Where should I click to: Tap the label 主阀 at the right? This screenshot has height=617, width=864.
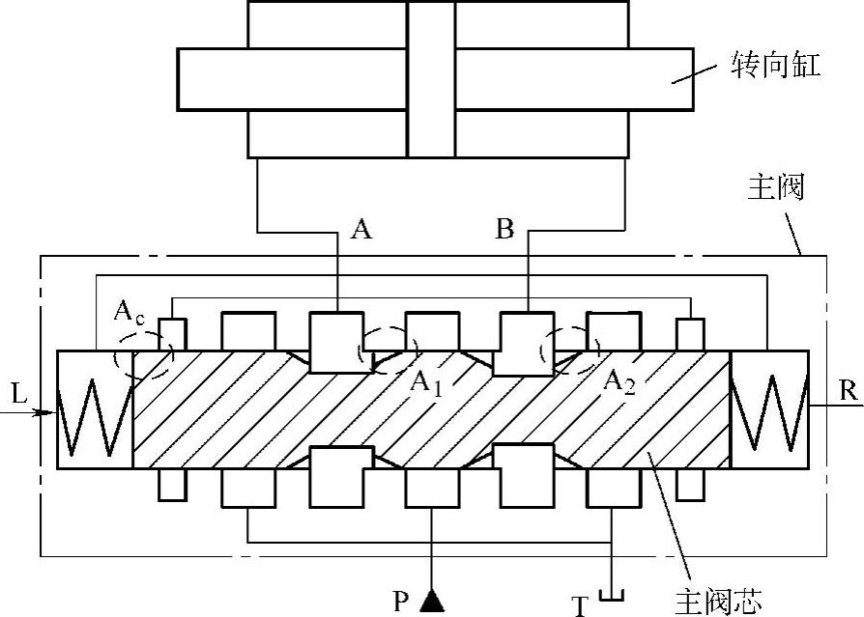click(x=776, y=187)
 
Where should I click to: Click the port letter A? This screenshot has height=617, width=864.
click(x=360, y=230)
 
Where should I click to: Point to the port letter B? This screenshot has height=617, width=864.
click(x=504, y=230)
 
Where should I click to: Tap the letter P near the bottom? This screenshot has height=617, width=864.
click(x=402, y=603)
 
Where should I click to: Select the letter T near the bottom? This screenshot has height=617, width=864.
click(x=580, y=605)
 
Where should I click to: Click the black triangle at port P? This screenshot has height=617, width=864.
click(x=432, y=602)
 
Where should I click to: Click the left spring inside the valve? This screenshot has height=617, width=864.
click(x=93, y=409)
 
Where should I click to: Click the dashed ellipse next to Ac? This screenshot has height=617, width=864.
click(x=142, y=356)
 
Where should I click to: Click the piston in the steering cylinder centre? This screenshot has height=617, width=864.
click(x=431, y=78)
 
